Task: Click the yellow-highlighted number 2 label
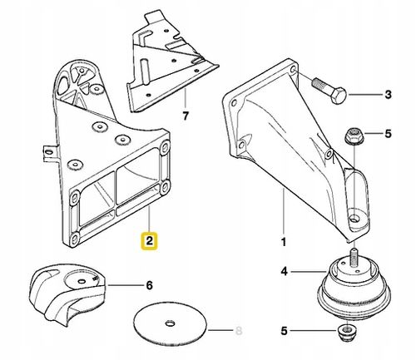point(149,240)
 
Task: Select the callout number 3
point(389,95)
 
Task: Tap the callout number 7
point(186,116)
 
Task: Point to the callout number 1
point(284,242)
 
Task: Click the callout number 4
point(285,271)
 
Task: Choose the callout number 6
point(149,285)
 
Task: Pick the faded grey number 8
point(239,330)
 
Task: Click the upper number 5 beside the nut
point(388,134)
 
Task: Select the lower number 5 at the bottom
point(284,331)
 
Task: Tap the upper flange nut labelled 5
point(354,136)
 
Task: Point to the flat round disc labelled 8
point(171,323)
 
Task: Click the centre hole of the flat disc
point(170,323)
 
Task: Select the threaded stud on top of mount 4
point(354,258)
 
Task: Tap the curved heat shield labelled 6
point(68,293)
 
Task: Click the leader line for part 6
point(125,285)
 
